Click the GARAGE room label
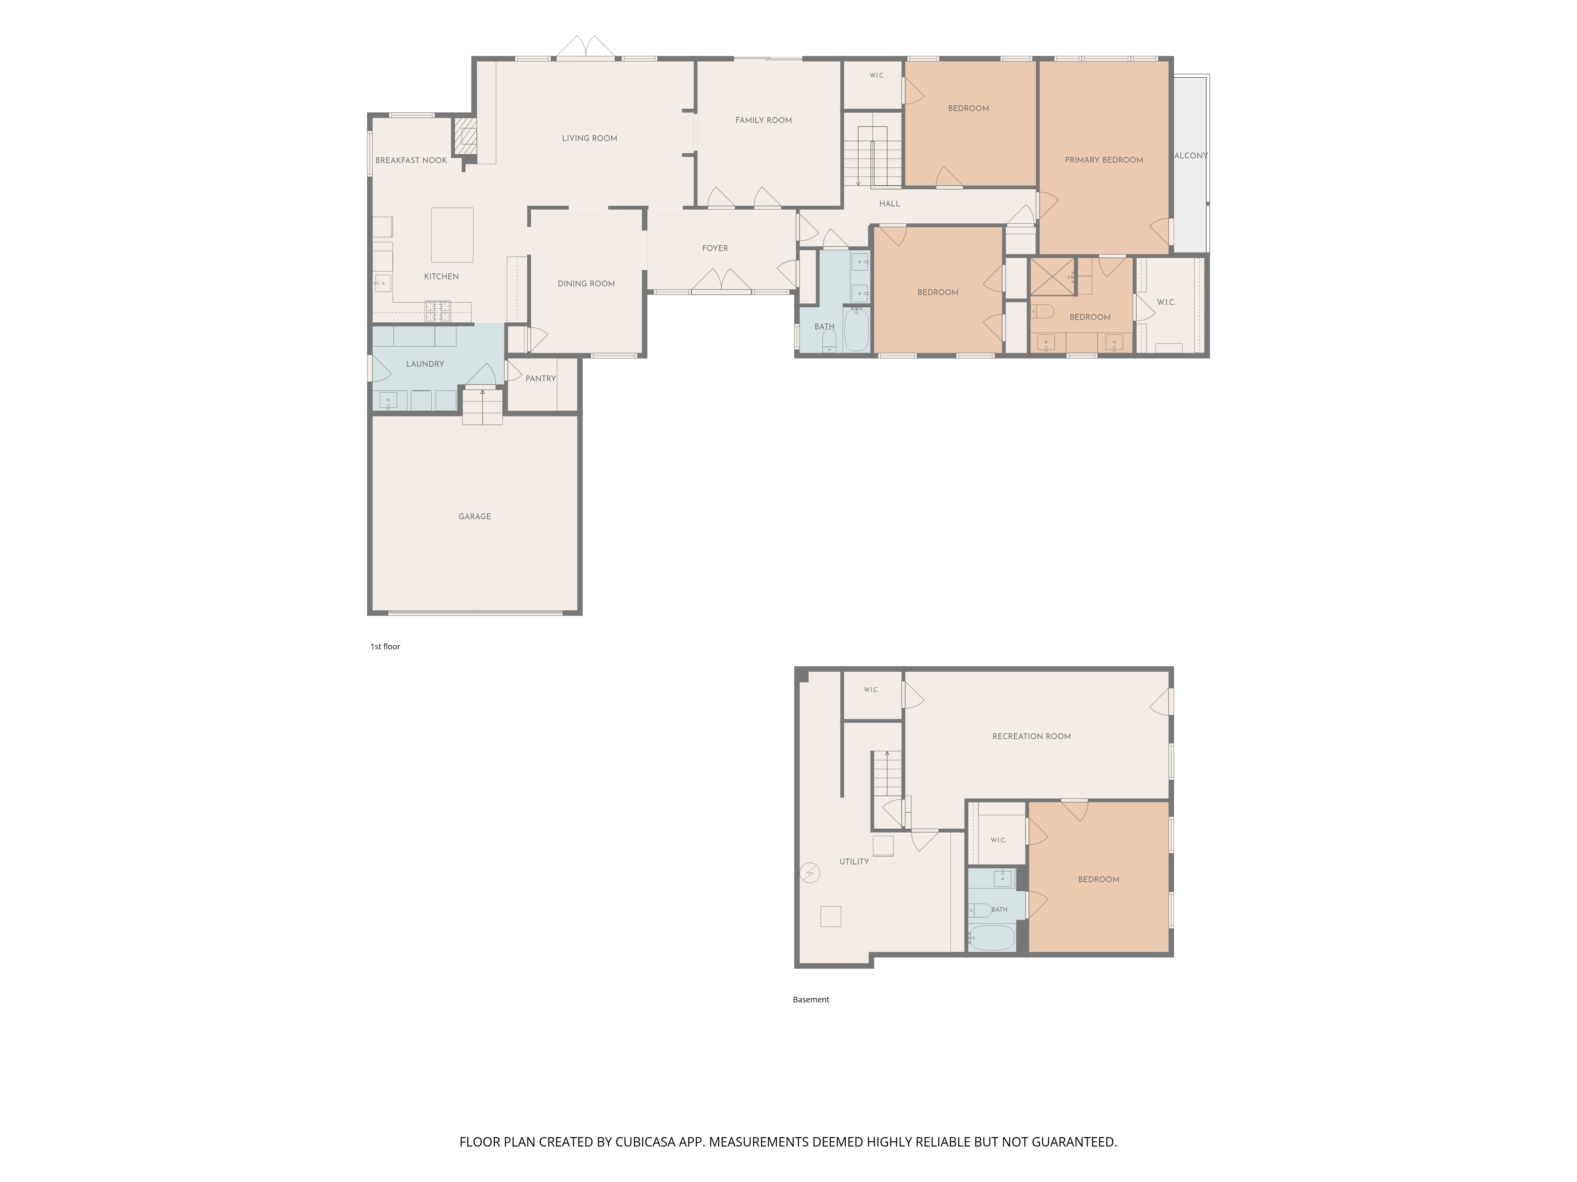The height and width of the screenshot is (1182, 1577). click(x=475, y=517)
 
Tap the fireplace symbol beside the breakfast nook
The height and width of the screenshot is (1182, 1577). click(x=466, y=136)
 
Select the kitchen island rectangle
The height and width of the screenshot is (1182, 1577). click(x=452, y=235)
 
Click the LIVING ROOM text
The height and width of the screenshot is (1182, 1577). click(x=589, y=138)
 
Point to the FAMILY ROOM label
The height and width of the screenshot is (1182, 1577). click(x=764, y=121)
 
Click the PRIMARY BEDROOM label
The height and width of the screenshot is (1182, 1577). click(x=1104, y=160)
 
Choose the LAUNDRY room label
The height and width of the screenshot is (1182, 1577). click(x=425, y=364)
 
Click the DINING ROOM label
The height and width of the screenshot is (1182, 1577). click(x=586, y=284)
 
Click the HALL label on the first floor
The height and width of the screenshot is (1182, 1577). click(x=890, y=204)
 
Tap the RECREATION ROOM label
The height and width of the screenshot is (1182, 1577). click(x=1032, y=737)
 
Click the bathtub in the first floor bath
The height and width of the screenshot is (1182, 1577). click(x=856, y=329)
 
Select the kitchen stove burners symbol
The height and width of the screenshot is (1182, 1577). click(x=438, y=311)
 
